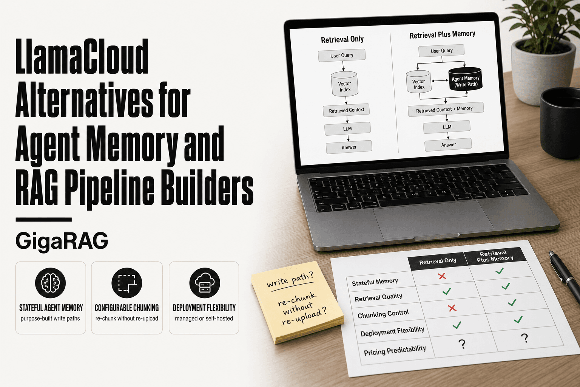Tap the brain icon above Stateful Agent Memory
tap(51, 283)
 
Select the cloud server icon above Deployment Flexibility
tap(205, 283)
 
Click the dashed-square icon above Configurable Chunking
tap(127, 283)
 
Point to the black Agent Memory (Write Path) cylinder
tap(465, 79)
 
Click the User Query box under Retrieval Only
tap(342, 55)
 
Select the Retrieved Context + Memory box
tap(446, 109)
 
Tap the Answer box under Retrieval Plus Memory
tap(448, 145)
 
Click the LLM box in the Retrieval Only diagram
tap(347, 128)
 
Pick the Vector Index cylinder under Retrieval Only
tap(345, 84)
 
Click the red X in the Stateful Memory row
tap(442, 276)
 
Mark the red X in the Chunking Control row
tap(452, 308)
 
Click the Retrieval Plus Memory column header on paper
tap(495, 256)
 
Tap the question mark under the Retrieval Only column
tap(462, 344)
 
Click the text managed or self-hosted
tap(204, 318)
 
